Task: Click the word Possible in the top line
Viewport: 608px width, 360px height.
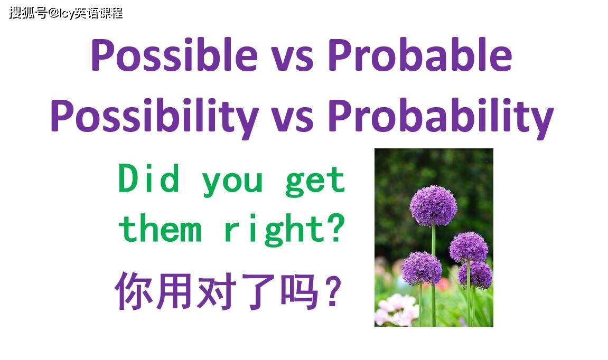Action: (x=174, y=56)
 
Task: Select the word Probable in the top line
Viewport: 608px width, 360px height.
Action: (x=420, y=56)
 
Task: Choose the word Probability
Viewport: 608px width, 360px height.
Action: (x=441, y=117)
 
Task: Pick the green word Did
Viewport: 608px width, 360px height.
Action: (x=149, y=179)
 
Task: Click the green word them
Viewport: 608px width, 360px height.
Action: (x=160, y=230)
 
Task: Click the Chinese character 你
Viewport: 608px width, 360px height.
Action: (x=130, y=290)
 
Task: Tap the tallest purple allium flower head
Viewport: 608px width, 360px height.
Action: (x=433, y=205)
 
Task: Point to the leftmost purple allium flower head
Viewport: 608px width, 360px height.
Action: (x=421, y=268)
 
